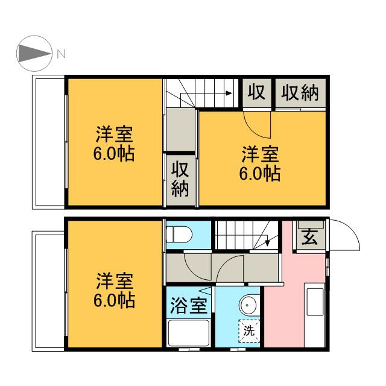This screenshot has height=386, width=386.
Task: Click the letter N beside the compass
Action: tap(62, 54)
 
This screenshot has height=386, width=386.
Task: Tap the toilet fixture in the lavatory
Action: tap(179, 234)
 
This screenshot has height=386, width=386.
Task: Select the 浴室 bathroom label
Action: tap(189, 305)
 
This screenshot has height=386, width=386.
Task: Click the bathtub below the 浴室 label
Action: tap(189, 332)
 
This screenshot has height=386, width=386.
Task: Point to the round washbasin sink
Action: tap(249, 305)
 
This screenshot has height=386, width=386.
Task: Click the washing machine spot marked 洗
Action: tap(249, 331)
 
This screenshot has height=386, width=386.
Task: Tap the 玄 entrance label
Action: tap(309, 236)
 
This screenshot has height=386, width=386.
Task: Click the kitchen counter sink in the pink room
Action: tap(315, 302)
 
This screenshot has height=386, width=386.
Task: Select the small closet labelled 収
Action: tap(257, 93)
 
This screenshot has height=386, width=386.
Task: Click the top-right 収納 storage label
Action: tap(300, 92)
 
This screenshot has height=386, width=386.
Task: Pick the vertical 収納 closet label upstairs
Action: tap(180, 179)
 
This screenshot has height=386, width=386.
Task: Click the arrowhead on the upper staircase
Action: tap(229, 93)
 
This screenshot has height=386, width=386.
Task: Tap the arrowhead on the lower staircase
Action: tap(267, 243)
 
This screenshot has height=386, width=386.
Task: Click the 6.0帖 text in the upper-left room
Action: tap(114, 154)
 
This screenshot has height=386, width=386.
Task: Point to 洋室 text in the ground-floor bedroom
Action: tap(115, 281)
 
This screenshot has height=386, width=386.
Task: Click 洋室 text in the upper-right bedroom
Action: tap(260, 154)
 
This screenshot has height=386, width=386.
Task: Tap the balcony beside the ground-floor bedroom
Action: tap(48, 291)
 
